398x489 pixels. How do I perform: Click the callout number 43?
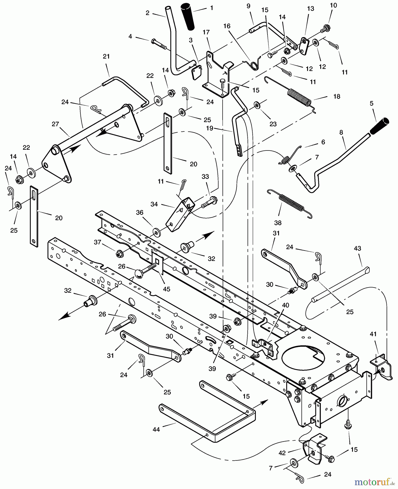point(357,248)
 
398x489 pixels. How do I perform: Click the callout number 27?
point(55,124)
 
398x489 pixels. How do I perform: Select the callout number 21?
point(106,57)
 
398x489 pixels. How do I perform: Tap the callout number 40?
point(285,305)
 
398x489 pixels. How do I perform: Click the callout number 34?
point(154,204)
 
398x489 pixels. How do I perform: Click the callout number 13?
point(310,9)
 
